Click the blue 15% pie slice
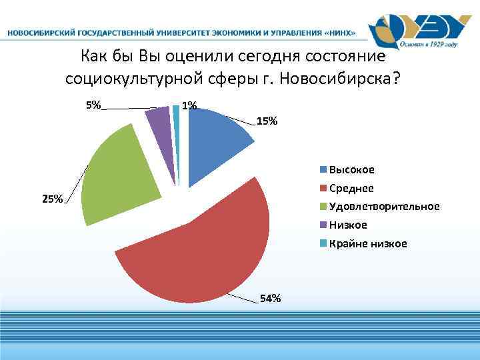click(x=215, y=143)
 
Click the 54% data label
click(x=270, y=298)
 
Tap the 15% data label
click(x=267, y=121)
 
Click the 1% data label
click(x=189, y=105)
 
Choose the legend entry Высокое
click(x=351, y=170)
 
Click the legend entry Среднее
click(x=351, y=189)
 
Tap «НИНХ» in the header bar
click(x=338, y=32)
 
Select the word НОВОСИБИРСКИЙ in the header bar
click(x=39, y=32)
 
